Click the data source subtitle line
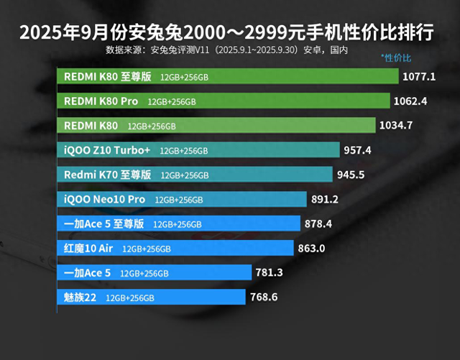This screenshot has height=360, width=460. pos(226,50)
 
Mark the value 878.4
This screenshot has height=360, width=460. pos(318,223)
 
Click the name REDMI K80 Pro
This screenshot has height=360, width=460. pos(101,101)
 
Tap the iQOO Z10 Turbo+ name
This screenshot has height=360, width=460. pos(107,150)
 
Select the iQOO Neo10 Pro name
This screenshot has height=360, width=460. pos(104,199)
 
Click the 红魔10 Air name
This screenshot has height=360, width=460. pos(88,249)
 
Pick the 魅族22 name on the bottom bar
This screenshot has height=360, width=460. pos(80,297)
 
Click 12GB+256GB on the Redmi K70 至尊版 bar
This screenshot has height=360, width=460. pos(185,175)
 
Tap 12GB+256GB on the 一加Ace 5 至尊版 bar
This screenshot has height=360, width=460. pos(178,224)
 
